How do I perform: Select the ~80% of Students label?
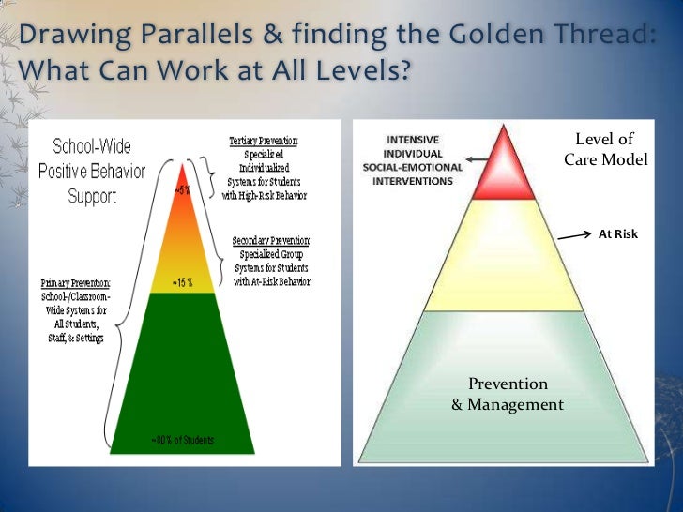183,440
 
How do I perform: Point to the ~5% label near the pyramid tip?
182,189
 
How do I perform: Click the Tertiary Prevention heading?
264,141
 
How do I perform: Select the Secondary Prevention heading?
270,241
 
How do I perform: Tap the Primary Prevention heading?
75,282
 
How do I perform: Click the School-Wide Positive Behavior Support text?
92,172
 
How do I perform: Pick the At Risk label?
617,234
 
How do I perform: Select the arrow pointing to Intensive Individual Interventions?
479,160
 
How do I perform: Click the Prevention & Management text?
508,395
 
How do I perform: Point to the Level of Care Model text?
605,150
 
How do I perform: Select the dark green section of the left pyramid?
183,366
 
